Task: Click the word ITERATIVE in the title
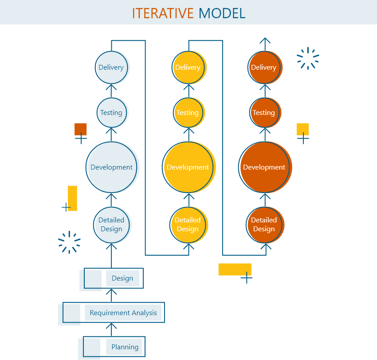point(163,13)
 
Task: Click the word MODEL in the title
point(222,13)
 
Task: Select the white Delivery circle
point(112,67)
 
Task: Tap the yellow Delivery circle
point(188,67)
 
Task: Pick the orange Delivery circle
point(264,67)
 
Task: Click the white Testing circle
point(112,113)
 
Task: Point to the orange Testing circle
point(265,113)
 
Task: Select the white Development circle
point(112,167)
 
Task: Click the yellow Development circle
point(188,167)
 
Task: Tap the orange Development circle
point(265,167)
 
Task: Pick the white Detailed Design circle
point(112,225)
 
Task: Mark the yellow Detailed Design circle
point(188,225)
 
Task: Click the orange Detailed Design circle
point(265,225)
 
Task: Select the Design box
point(122,278)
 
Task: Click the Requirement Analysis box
point(123,313)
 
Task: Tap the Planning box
point(124,347)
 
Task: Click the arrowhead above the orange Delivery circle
point(265,41)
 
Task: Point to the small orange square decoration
point(81,129)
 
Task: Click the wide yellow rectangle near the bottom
point(235,269)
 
